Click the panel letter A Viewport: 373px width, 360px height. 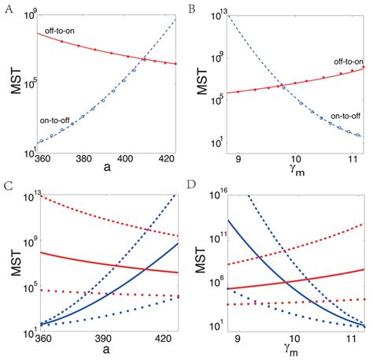point(6,10)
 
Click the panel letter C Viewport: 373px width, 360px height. point(7,186)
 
